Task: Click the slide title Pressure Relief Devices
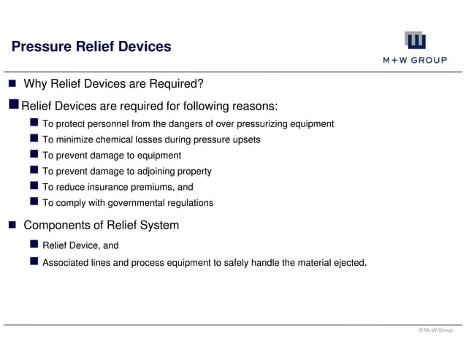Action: point(91,47)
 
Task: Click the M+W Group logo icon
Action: point(415,41)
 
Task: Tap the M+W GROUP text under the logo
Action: point(415,61)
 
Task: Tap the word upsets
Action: point(246,139)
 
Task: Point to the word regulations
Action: point(188,203)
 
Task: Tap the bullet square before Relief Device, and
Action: point(34,245)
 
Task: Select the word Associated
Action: point(66,262)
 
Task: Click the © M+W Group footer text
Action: point(435,331)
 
